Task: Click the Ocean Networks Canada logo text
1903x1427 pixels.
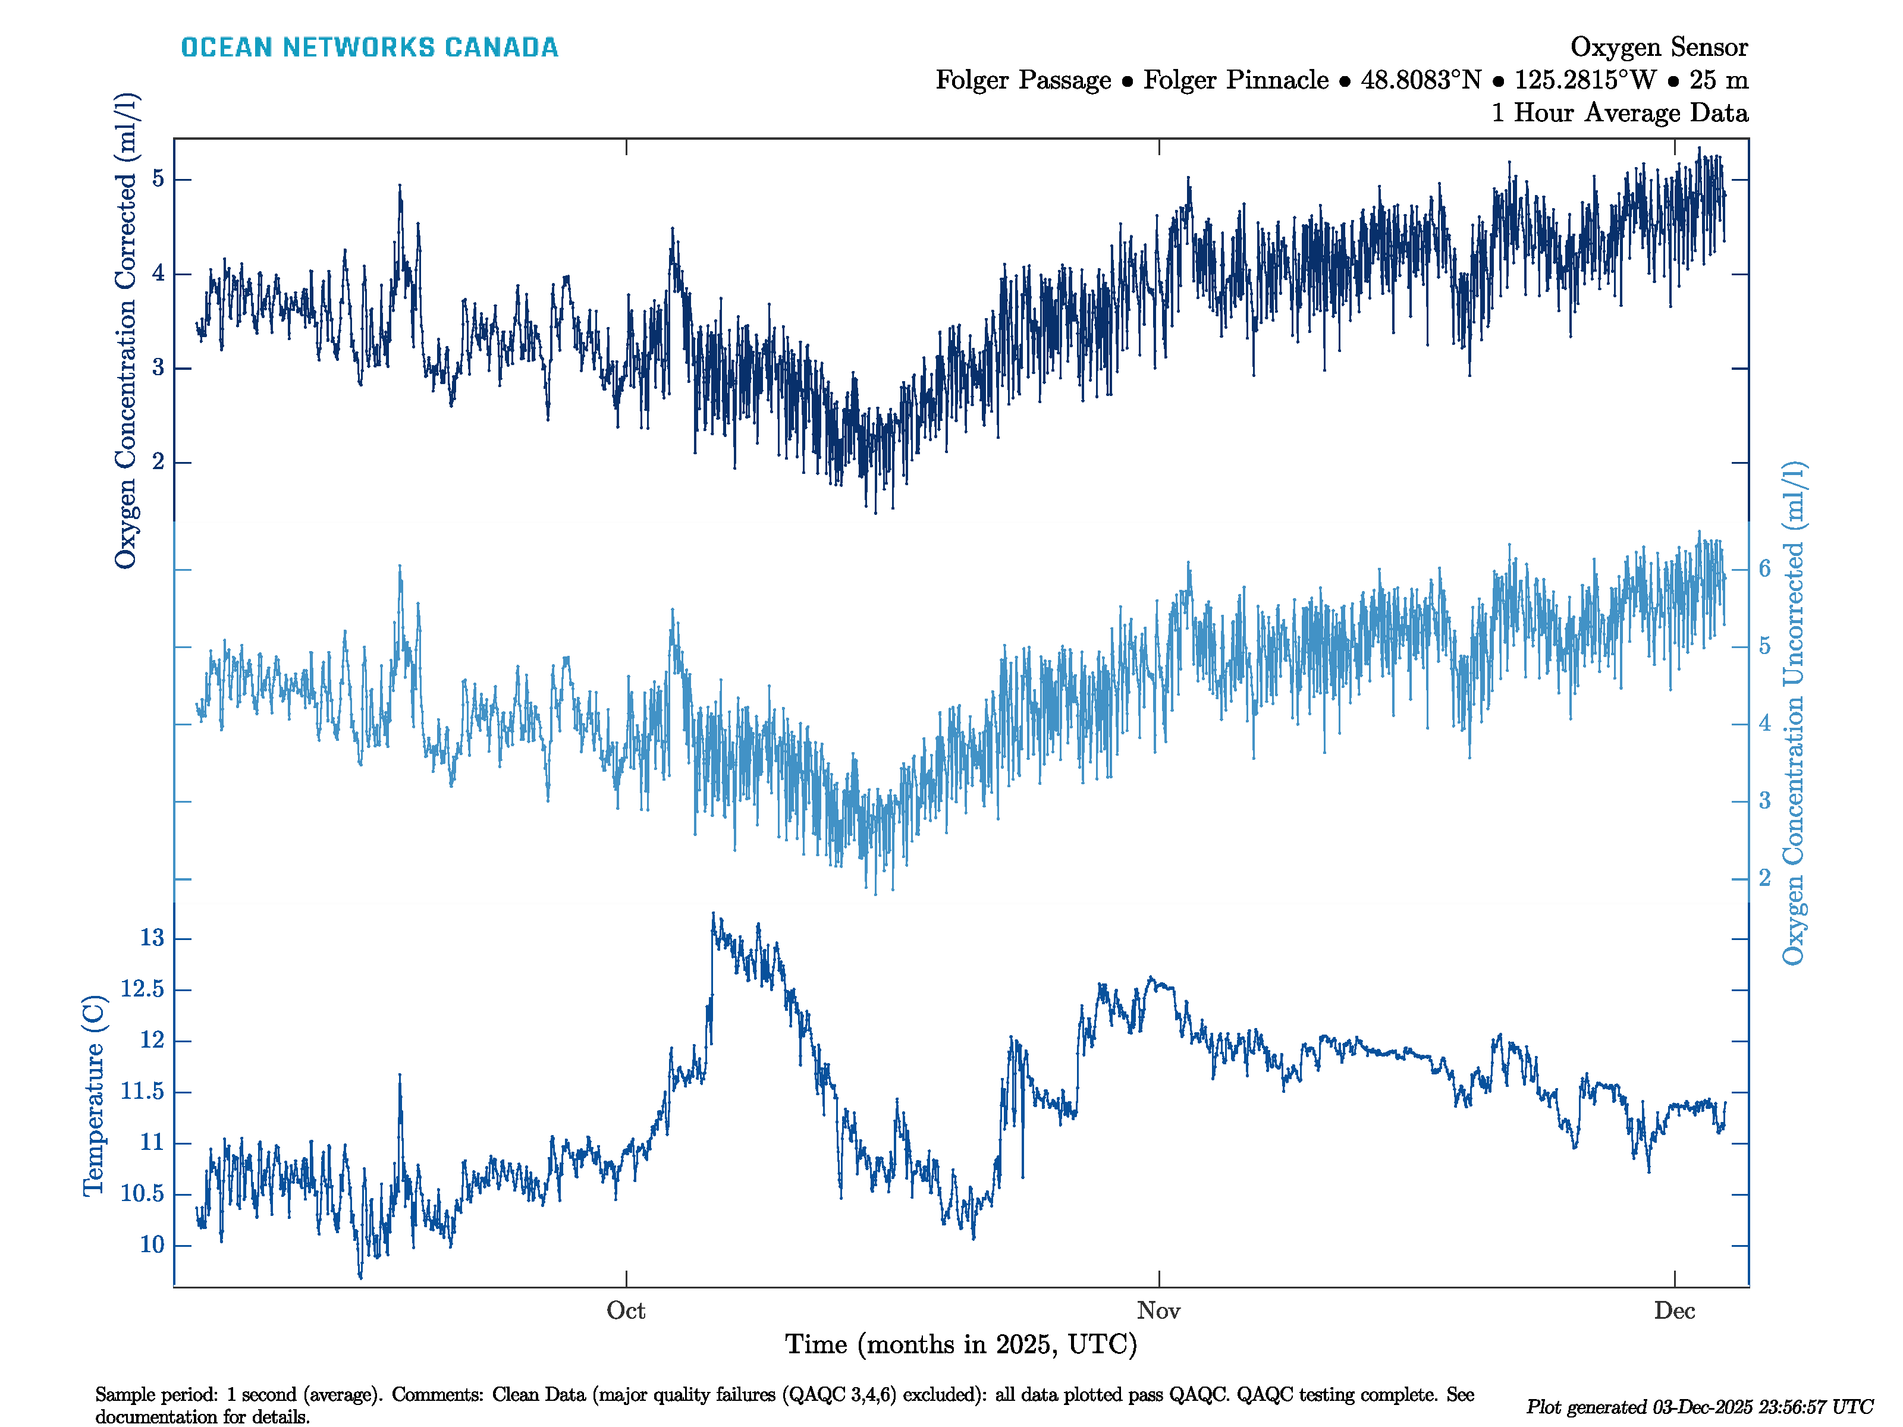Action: pos(369,48)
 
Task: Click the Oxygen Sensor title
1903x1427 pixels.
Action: pos(1658,48)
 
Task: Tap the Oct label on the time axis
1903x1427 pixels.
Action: pos(626,1311)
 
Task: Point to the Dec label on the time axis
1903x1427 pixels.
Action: pos(1673,1311)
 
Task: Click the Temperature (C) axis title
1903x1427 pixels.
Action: pos(93,1095)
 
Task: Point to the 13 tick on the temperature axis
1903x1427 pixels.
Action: pos(152,938)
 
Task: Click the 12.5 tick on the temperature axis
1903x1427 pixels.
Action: pos(142,989)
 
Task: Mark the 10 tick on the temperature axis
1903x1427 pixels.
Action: pos(152,1244)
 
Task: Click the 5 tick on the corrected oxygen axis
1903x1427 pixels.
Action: pos(158,179)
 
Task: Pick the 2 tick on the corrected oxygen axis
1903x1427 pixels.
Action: pos(158,462)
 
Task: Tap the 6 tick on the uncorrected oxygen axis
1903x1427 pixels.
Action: pos(1764,568)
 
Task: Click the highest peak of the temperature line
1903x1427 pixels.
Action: pos(713,915)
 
